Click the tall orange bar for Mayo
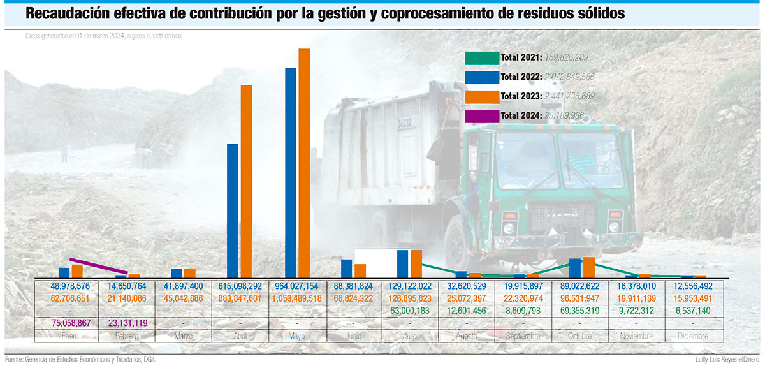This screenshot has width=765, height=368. [x=304, y=163]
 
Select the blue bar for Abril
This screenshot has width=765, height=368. [x=232, y=210]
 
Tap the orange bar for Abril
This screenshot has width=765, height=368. [x=246, y=182]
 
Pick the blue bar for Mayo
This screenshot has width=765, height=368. [x=290, y=172]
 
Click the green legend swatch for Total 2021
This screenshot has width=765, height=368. [x=481, y=58]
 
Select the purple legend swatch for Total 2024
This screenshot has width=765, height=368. [x=481, y=116]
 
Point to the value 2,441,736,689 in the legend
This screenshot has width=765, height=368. [x=569, y=96]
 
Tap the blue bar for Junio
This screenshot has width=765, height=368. [x=346, y=269]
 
